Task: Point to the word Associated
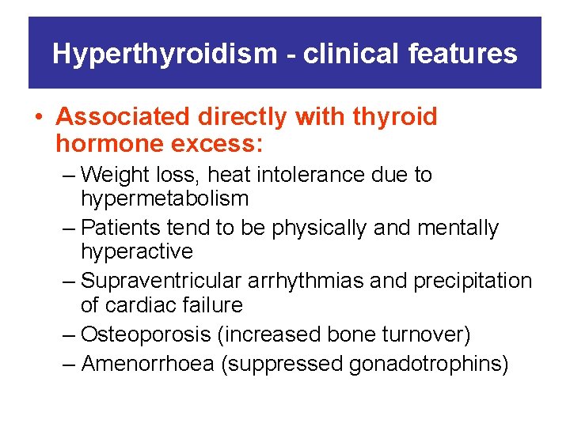click(123, 117)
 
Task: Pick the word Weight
click(117, 175)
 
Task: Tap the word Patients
click(122, 229)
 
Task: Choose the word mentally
click(458, 229)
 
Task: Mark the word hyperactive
click(137, 252)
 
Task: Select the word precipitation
click(479, 282)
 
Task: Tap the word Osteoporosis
click(146, 335)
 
